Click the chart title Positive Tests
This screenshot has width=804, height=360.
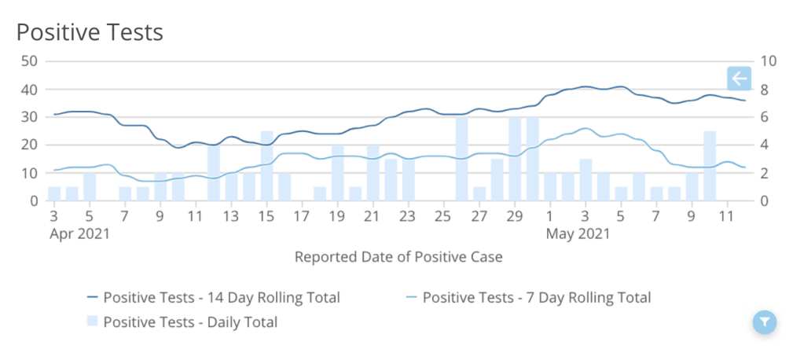click(x=90, y=32)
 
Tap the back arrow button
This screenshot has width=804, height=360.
click(x=739, y=79)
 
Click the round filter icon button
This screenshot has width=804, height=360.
click(x=764, y=321)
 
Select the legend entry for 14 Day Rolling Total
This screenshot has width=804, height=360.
click(x=213, y=298)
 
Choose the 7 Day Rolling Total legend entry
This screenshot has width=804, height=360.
click(x=528, y=298)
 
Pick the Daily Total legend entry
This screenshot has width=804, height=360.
click(x=182, y=321)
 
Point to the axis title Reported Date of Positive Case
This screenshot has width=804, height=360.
click(x=398, y=257)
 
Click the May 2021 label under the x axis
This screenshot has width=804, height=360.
click(x=578, y=233)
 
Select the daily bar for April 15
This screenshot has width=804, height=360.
click(x=266, y=166)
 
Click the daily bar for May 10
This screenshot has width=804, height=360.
click(x=710, y=166)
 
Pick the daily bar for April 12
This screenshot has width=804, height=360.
click(x=214, y=173)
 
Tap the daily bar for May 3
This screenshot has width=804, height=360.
click(x=586, y=180)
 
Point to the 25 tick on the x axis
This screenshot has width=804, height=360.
click(x=444, y=215)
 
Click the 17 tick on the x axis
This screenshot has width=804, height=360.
click(x=302, y=215)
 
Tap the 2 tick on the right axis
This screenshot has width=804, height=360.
click(x=768, y=173)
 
